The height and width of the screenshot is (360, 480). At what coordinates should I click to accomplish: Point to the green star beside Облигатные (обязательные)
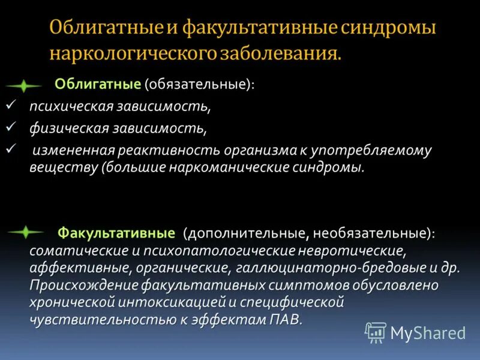pos(23,86)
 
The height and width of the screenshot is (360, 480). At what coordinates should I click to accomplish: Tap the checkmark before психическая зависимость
pos(9,106)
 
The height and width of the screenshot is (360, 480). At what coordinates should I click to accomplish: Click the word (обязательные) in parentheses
pos(199,86)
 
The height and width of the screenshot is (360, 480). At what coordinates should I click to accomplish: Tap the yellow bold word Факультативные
pos(115,232)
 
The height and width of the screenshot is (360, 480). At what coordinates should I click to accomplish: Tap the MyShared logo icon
pos(376,332)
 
